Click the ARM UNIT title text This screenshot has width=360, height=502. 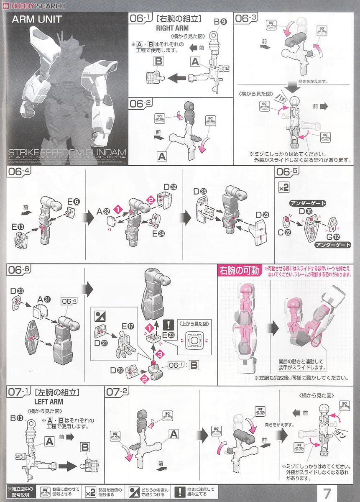point(37,19)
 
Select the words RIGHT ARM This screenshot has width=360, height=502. point(172,28)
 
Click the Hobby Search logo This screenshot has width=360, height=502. point(33,5)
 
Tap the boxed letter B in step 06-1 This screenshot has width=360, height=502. point(158,61)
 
